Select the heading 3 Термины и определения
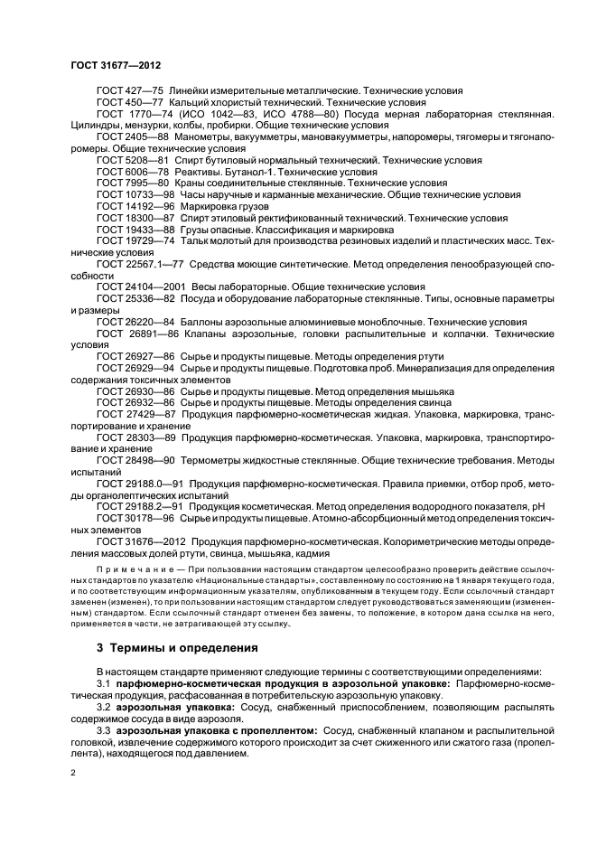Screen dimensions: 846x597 163,647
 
